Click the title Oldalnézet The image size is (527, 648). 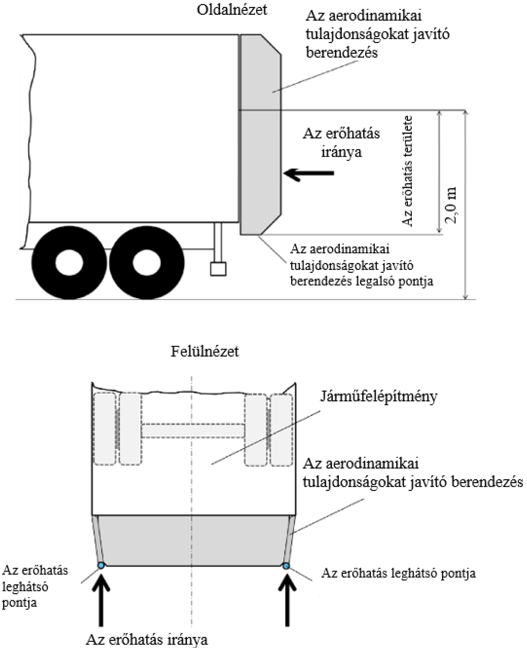pos(232,10)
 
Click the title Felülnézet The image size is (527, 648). pos(205,352)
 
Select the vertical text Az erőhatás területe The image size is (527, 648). pos(407,171)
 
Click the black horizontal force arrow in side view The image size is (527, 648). pos(309,173)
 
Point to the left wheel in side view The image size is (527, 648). pos(69,263)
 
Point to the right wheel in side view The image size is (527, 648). pos(147,263)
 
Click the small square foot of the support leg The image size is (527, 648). pos(218,269)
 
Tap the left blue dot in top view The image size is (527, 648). pos(101,565)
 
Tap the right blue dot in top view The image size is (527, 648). pos(286,566)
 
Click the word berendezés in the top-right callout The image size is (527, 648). pos(342,53)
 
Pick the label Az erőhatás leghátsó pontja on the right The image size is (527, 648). pos(398,573)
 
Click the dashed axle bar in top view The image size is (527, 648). pos(193,431)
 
